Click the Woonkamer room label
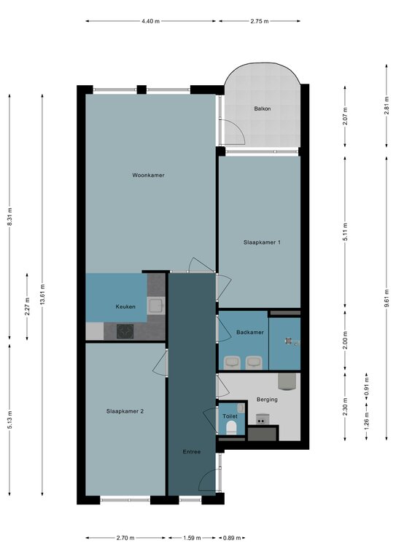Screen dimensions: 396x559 click(x=148, y=175)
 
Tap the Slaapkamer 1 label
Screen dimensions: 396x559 click(x=262, y=242)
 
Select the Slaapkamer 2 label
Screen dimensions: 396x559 click(x=125, y=411)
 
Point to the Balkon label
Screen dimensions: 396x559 click(x=262, y=108)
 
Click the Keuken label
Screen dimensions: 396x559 click(x=125, y=306)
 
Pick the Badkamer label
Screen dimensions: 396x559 click(x=250, y=332)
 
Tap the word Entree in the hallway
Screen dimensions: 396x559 click(x=192, y=452)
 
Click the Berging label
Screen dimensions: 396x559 click(x=267, y=400)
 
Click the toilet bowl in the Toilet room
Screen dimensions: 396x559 click(x=231, y=427)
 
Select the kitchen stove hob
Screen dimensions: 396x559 click(x=125, y=331)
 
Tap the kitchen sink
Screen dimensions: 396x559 click(x=156, y=306)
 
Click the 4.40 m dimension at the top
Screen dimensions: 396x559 click(x=150, y=21)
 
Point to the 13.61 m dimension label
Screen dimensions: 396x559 click(x=42, y=295)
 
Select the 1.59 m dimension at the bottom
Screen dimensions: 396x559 click(x=192, y=538)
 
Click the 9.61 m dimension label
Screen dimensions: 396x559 click(x=387, y=298)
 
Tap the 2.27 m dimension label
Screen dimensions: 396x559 click(x=27, y=307)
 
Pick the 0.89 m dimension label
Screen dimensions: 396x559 click(x=232, y=538)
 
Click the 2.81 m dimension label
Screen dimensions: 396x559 click(x=387, y=106)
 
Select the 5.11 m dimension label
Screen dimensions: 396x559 click(x=345, y=231)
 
